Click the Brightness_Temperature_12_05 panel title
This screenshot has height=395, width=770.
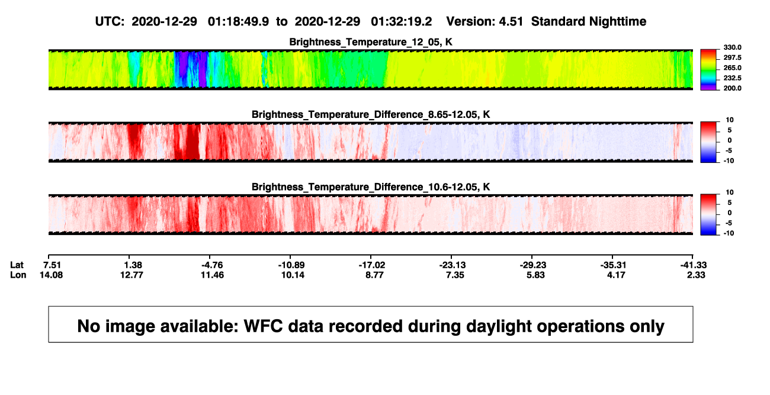click(x=371, y=42)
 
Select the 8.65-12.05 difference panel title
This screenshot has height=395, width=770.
click(x=371, y=114)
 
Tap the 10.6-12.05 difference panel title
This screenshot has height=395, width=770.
click(x=371, y=187)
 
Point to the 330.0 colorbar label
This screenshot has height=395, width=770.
click(x=732, y=47)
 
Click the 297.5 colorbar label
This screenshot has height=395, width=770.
click(x=732, y=57)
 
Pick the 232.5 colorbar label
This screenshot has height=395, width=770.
click(x=732, y=78)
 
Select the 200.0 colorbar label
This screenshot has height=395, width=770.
click(x=732, y=88)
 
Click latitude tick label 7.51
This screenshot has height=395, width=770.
click(x=52, y=265)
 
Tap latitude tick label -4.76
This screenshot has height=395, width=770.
click(x=212, y=265)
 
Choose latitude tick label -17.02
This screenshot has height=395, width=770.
click(x=372, y=265)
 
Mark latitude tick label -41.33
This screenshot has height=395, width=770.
click(x=694, y=265)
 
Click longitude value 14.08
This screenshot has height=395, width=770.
click(x=51, y=275)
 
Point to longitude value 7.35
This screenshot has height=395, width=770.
click(x=455, y=275)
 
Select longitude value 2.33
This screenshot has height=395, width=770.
click(x=696, y=275)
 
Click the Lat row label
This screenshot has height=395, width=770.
click(x=17, y=265)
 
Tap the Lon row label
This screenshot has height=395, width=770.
click(x=18, y=275)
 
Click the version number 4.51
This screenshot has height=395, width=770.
click(x=511, y=21)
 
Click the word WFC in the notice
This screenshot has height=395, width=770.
click(x=264, y=326)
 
